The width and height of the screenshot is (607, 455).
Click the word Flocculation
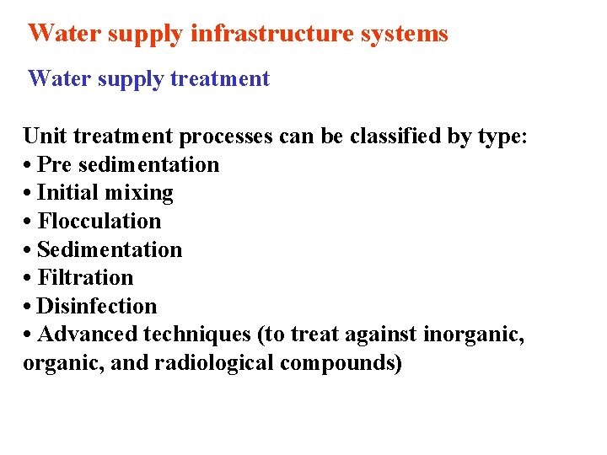point(99,222)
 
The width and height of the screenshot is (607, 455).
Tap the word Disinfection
point(97,307)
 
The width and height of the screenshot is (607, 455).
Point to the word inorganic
point(473,335)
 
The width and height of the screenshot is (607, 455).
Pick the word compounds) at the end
point(344,364)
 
